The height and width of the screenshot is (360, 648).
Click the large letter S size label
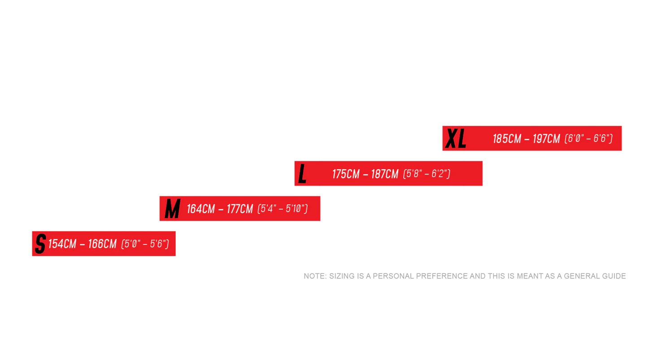[x=40, y=244]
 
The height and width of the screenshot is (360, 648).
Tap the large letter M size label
[x=172, y=209]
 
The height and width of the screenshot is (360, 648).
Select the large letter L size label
[x=302, y=174]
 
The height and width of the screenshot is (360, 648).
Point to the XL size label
[x=455, y=139]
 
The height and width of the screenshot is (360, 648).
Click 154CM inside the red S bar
[x=62, y=244]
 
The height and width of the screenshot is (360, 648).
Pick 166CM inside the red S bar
[x=102, y=244]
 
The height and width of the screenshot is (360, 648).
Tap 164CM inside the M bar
[x=201, y=209]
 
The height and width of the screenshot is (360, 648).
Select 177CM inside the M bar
[x=240, y=209]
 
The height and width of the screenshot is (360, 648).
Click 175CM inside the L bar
[x=346, y=174]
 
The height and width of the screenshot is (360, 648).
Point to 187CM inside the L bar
[x=385, y=174]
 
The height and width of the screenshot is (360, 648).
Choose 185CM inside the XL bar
[x=507, y=139]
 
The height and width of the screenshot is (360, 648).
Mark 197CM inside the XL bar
[x=546, y=139]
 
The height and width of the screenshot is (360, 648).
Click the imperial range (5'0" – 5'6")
[x=145, y=244]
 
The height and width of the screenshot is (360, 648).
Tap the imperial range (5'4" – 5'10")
[x=283, y=209]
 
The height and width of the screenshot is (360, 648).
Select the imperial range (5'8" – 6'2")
[x=426, y=174]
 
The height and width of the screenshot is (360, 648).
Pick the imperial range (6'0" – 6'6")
[x=588, y=139]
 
